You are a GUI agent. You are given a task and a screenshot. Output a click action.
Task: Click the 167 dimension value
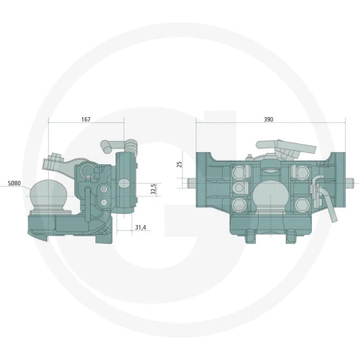85,119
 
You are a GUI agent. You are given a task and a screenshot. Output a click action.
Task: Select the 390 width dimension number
268,119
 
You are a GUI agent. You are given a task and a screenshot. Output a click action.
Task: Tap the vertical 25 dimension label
179,164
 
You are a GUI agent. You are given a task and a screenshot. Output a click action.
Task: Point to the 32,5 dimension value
154,189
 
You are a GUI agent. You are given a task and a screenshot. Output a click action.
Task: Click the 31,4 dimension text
140,227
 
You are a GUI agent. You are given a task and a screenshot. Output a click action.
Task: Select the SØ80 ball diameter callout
14,183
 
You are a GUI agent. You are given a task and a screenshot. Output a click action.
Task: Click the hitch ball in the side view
48,193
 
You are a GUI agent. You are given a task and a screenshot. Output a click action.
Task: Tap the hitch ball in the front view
270,196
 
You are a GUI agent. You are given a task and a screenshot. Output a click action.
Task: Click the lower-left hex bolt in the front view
239,205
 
